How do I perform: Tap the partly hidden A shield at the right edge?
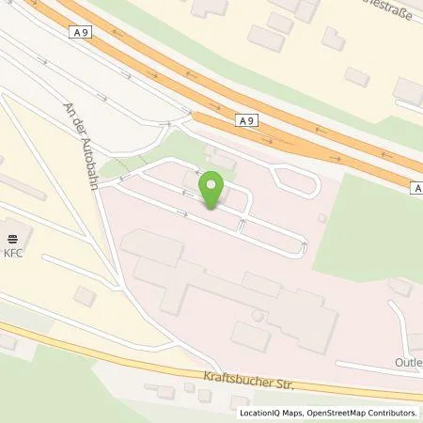pyautogui.click(x=416, y=188)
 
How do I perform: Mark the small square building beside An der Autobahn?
pyautogui.click(x=85, y=296)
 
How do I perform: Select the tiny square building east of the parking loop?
pyautogui.click(x=322, y=218)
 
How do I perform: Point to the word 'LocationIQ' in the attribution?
pyautogui.click(x=258, y=413)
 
